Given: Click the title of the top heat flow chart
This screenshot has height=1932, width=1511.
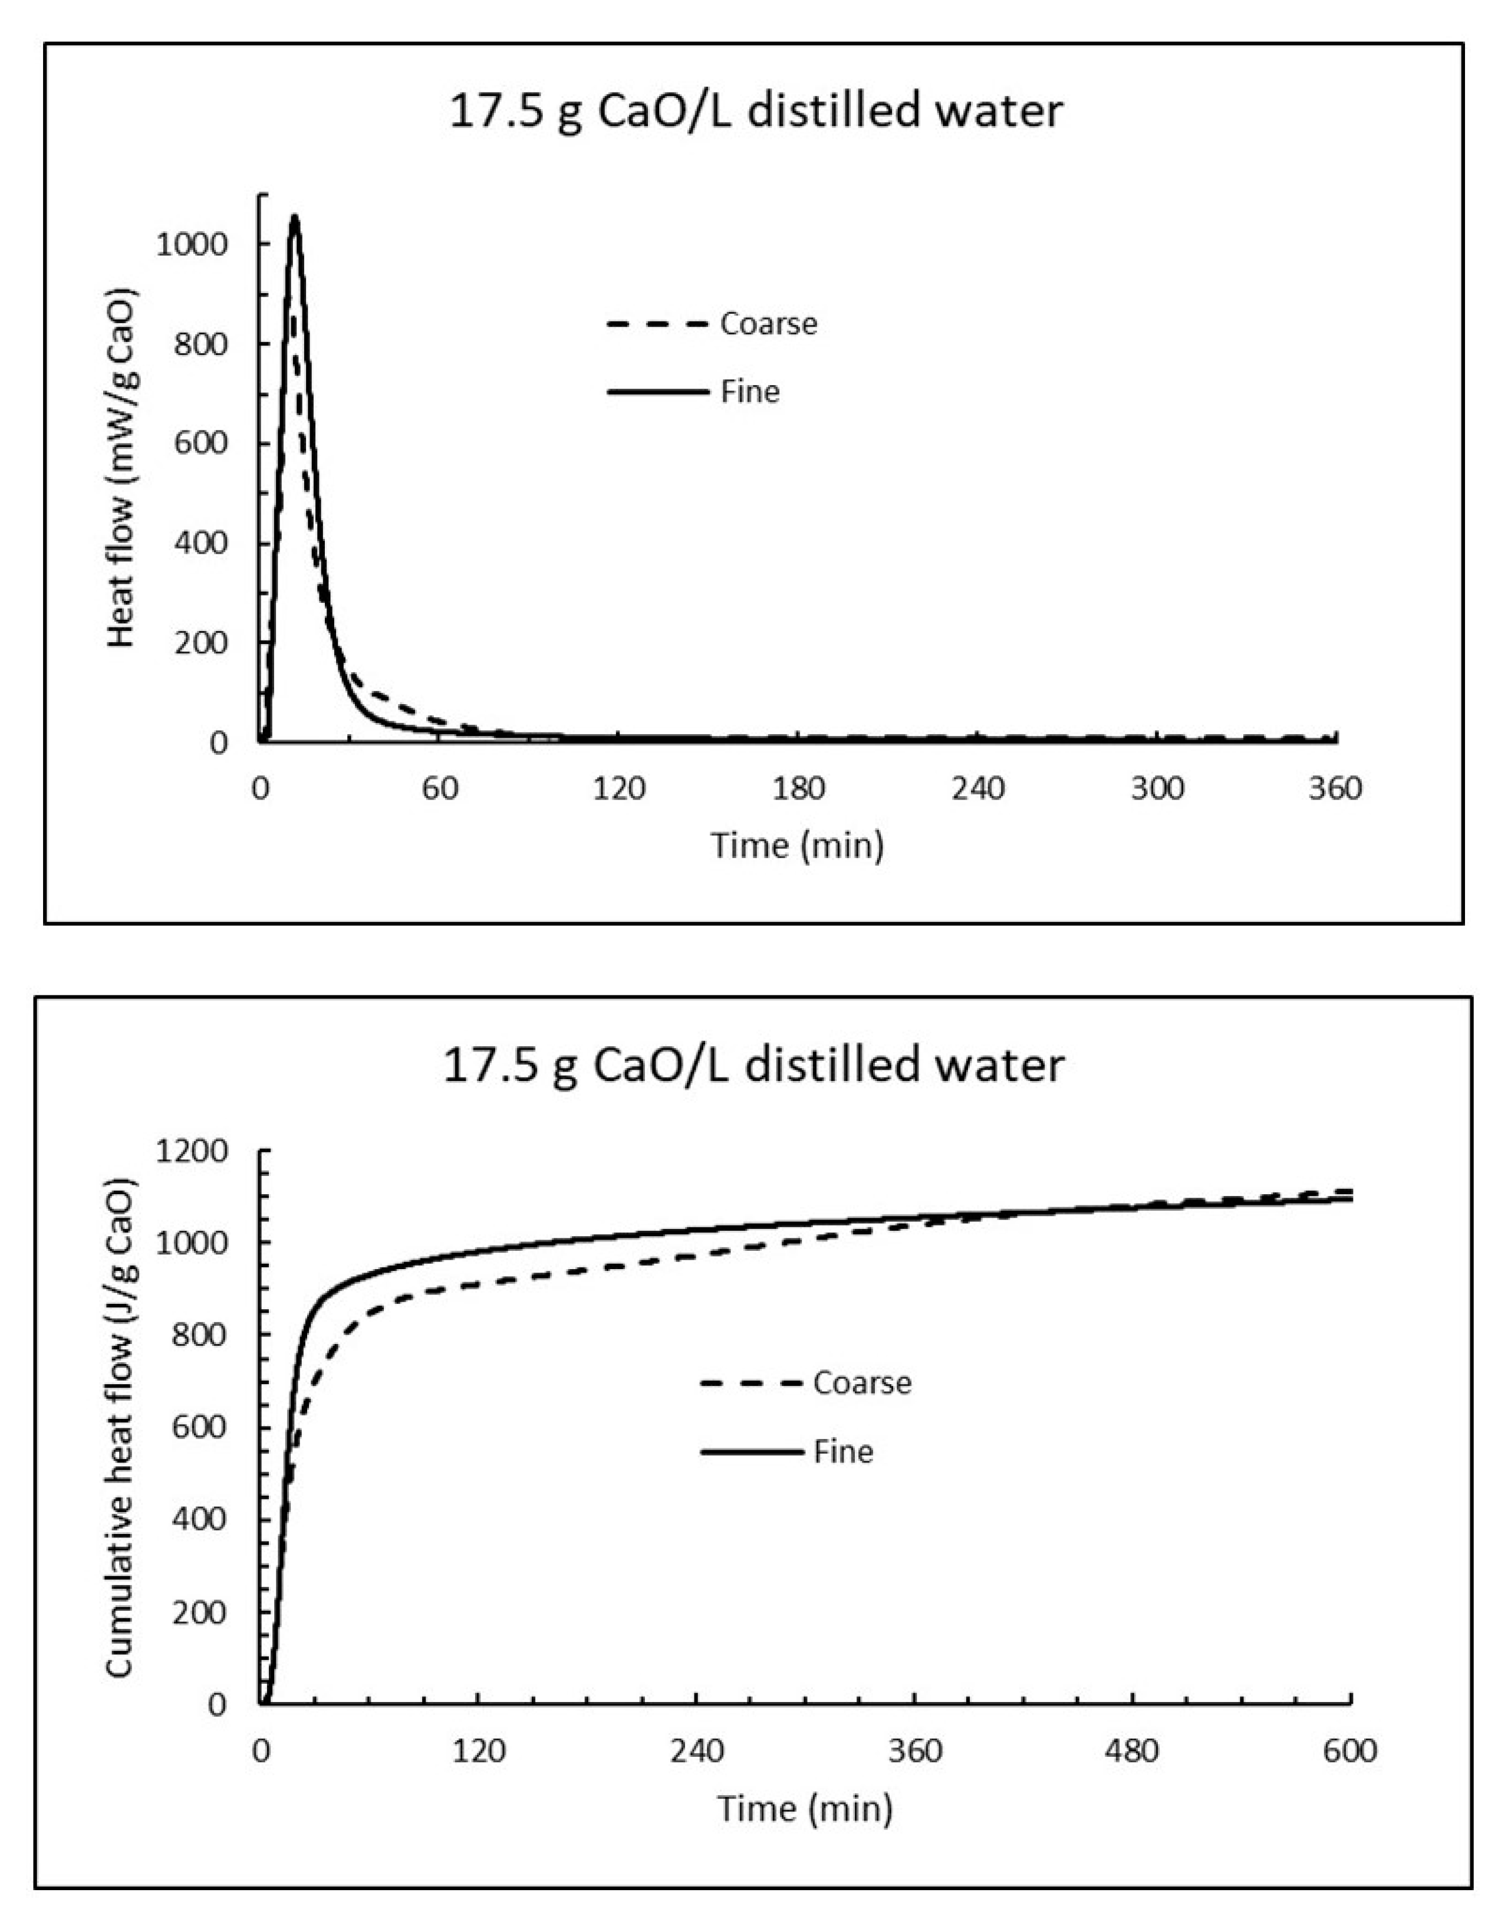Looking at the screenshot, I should click(x=756, y=113).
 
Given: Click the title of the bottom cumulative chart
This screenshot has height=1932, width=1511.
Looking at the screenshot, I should click(x=753, y=1064).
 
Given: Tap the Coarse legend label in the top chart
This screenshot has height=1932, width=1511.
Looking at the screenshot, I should click(x=768, y=324).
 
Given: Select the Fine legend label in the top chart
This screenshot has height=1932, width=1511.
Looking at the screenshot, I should click(x=749, y=391).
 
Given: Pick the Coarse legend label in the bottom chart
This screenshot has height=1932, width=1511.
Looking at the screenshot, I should click(x=862, y=1382).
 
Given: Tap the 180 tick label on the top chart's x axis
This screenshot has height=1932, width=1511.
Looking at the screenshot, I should click(x=799, y=788).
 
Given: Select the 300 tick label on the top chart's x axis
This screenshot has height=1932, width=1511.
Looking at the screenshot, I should click(x=1158, y=788).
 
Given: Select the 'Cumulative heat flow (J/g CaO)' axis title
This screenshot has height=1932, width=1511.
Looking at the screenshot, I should click(x=120, y=1427).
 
